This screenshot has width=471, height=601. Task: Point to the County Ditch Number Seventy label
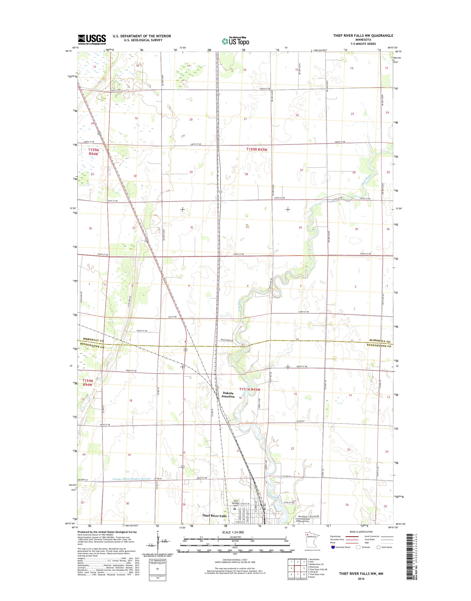[132, 478]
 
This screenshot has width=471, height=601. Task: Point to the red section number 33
[247, 227]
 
